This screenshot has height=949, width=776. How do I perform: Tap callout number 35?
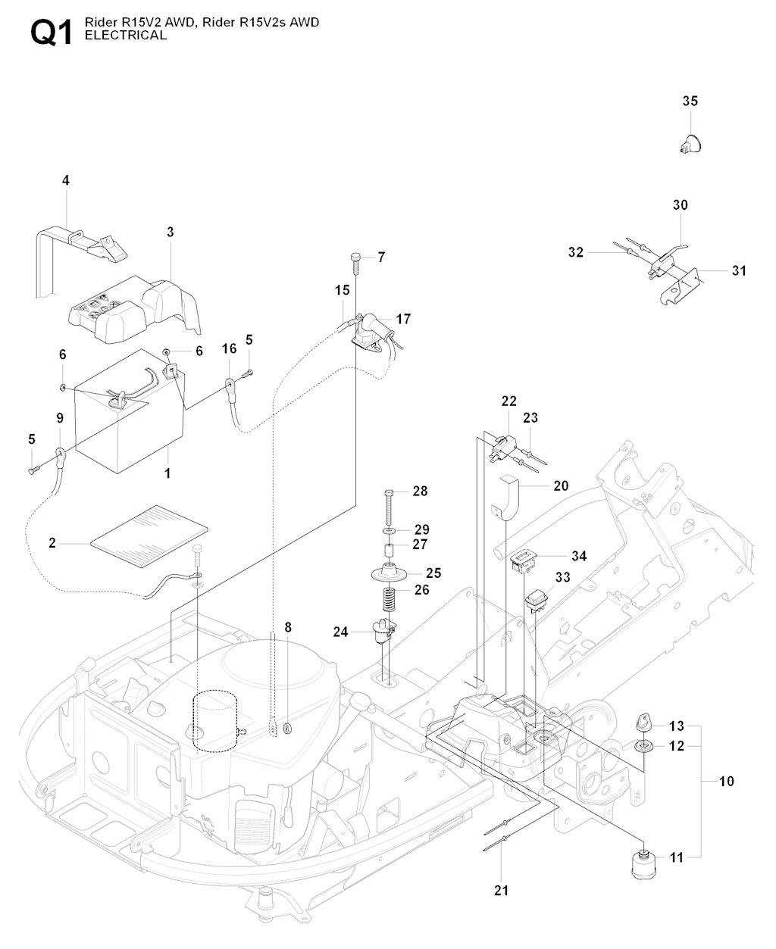[x=690, y=101]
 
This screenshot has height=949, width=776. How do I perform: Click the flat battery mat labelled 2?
[x=149, y=535]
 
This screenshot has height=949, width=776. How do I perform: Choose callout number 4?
[x=65, y=180]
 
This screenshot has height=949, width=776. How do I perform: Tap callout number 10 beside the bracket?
[x=726, y=781]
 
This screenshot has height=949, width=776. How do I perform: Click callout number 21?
[x=502, y=890]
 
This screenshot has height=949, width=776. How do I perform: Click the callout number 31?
[x=739, y=270]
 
